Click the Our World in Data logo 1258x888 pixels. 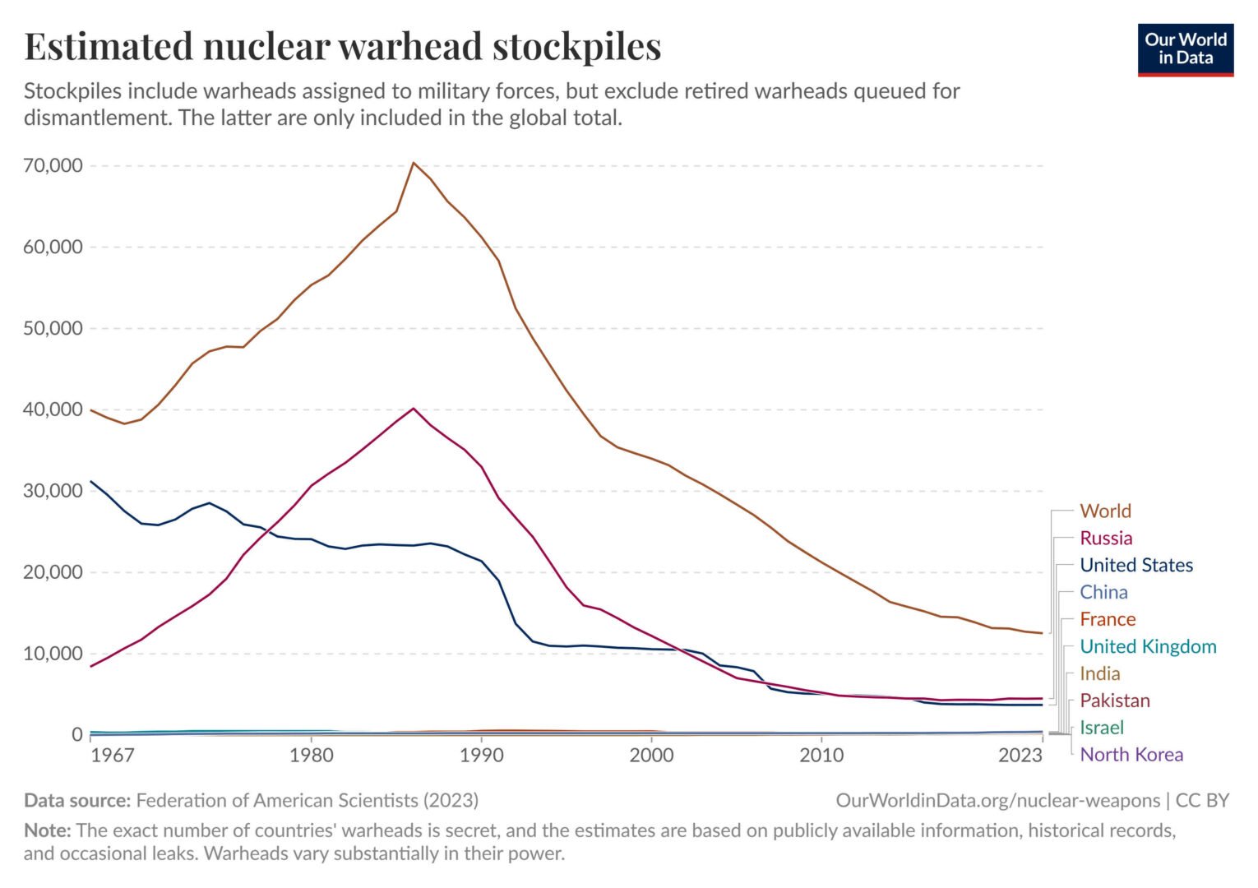1185,49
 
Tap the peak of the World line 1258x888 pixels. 414,163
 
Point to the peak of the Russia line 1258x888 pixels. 414,409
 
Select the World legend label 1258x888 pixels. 1105,511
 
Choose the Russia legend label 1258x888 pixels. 1106,539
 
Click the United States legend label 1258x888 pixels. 1135,566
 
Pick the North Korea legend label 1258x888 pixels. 1131,755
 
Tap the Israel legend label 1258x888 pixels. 1101,728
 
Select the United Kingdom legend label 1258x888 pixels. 1147,647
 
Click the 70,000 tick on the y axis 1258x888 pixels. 53,166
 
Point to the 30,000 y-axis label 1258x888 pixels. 53,491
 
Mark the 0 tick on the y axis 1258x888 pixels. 77,734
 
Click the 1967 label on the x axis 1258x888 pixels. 112,756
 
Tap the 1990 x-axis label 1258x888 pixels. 482,756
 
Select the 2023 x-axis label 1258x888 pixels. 1020,756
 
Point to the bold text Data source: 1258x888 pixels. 77,801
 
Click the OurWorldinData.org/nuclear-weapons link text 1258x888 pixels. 997,801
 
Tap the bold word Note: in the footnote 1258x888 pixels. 48,830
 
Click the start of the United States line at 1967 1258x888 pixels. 91,482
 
